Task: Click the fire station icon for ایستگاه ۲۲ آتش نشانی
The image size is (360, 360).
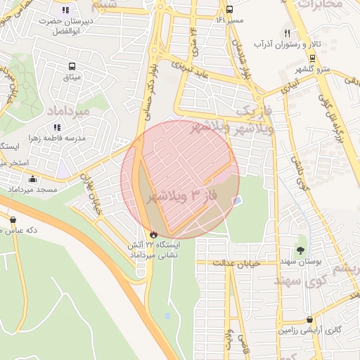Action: (x=154, y=234)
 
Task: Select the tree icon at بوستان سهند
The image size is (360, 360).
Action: (x=301, y=250)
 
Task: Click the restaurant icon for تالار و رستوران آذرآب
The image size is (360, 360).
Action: (x=287, y=33)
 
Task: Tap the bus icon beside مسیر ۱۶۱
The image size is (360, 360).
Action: (x=229, y=9)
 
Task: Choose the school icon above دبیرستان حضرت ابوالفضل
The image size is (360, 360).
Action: (x=65, y=10)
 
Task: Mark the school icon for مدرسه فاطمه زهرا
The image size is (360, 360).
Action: (x=57, y=127)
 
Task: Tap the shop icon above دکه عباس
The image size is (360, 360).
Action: (x=13, y=219)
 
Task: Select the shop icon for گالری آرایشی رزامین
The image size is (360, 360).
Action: (x=310, y=319)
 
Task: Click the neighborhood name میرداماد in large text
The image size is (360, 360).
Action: (x=69, y=111)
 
